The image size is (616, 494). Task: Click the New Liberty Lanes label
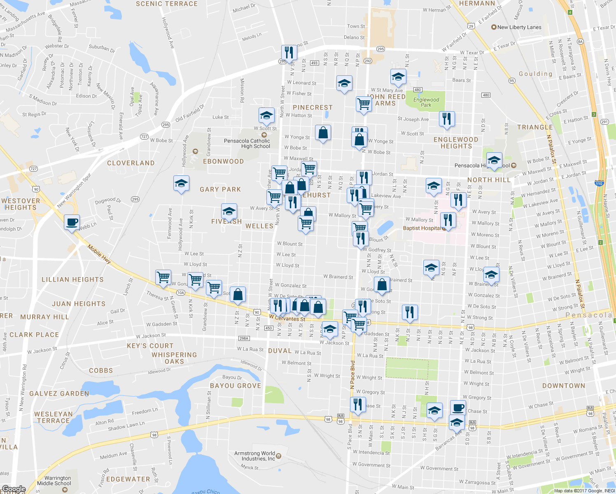519,27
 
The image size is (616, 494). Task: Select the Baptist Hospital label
422,228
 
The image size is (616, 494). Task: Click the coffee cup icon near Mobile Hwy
72,222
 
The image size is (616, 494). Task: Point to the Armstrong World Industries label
255,456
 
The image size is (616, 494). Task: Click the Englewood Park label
426,102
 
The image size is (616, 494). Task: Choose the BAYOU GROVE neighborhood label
236,386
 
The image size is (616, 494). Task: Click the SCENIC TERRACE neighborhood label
167,4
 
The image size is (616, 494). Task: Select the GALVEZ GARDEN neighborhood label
59,394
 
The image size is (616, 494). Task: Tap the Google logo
14,489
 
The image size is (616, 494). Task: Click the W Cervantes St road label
287,319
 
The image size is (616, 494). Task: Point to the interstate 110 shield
599,184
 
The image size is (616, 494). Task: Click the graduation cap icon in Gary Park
181,183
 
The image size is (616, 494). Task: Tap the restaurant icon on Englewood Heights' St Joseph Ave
447,119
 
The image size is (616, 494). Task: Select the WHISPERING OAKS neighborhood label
174,358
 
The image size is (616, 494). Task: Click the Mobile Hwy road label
99,254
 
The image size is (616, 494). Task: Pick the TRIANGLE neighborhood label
535,127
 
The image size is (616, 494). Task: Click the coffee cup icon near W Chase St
458,408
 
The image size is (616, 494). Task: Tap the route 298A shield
244,338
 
